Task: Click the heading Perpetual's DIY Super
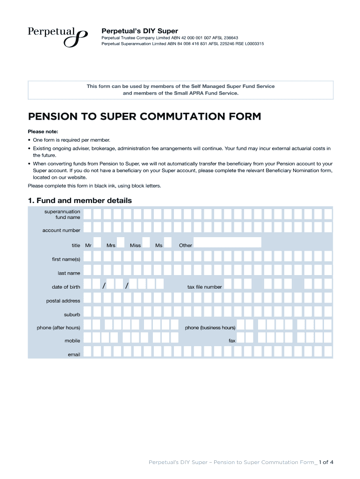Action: pyautogui.click(x=140, y=31)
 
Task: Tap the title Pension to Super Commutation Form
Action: pyautogui.click(x=144, y=116)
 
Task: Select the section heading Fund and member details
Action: pyautogui.click(x=79, y=201)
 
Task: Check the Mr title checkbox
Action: pyautogui.click(x=97, y=243)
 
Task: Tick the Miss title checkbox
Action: pyautogui.click(x=146, y=243)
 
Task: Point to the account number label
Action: pyautogui.click(x=61, y=230)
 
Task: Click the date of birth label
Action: pyautogui.click(x=66, y=287)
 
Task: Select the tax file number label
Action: pyautogui.click(x=204, y=287)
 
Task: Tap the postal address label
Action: pyautogui.click(x=63, y=301)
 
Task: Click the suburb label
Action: pyautogui.click(x=72, y=315)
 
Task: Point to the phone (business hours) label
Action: pyautogui.click(x=210, y=327)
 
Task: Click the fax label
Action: pyautogui.click(x=232, y=341)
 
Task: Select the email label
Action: pyautogui.click(x=74, y=355)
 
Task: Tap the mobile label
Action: pyautogui.click(x=72, y=341)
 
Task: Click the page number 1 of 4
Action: pyautogui.click(x=326, y=463)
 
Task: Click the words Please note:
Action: pyautogui.click(x=43, y=131)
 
